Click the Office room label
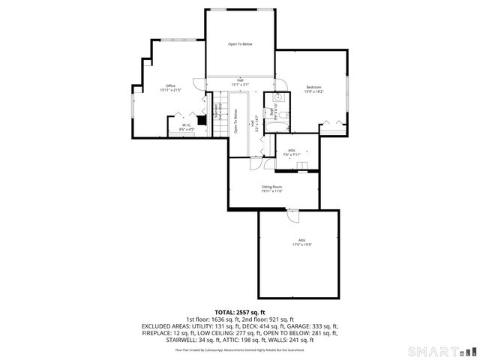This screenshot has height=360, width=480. click(x=170, y=85)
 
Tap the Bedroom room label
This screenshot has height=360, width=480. click(x=313, y=87)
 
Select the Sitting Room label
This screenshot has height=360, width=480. click(x=271, y=186)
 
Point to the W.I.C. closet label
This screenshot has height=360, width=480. click(x=186, y=125)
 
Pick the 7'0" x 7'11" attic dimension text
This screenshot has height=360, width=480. click(x=292, y=154)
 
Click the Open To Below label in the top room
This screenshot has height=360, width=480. click(x=240, y=44)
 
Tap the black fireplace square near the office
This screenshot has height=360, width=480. click(x=201, y=118)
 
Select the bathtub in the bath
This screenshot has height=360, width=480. click(x=269, y=120)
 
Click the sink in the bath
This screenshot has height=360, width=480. click(x=277, y=97)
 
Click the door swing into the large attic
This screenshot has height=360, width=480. click(x=293, y=216)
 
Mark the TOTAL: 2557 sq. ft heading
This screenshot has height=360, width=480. click(x=240, y=312)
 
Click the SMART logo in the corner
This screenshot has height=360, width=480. click(x=442, y=351)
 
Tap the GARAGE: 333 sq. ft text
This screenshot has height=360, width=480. click(x=307, y=326)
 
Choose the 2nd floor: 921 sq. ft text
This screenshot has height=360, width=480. click(x=269, y=319)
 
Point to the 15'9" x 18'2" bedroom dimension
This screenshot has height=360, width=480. click(x=313, y=91)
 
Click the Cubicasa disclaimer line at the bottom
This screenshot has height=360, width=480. click(x=240, y=349)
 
